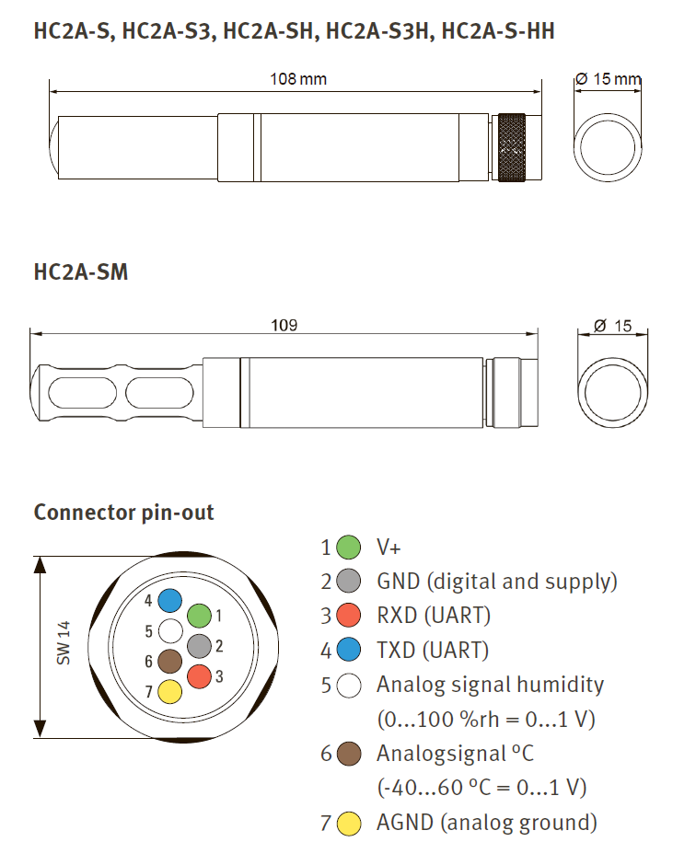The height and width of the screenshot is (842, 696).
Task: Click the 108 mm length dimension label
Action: coord(297,79)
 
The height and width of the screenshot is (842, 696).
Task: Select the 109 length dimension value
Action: coord(284,326)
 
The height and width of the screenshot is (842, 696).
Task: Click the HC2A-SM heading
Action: coord(81,273)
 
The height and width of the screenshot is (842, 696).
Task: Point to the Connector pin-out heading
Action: coord(123,513)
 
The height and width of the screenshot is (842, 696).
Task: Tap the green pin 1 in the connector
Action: coord(199,616)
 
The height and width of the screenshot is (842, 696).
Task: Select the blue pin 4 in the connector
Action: coord(169,601)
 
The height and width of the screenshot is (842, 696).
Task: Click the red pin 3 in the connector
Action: coord(200,676)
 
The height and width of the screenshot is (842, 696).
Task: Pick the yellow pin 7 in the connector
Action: coord(169,691)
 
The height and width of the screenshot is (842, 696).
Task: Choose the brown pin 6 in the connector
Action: coord(169,661)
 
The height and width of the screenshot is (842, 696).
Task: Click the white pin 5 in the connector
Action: coord(169,631)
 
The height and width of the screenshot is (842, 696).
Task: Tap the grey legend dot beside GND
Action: coord(348,582)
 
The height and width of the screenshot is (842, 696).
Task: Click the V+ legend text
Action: coord(389,548)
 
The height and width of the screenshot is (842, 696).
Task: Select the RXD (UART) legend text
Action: coord(434,616)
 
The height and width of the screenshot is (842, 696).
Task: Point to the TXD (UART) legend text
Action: coord(432,651)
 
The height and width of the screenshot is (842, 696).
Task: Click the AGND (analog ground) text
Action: coord(486,822)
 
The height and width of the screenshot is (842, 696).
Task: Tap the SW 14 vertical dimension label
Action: coord(64,643)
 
